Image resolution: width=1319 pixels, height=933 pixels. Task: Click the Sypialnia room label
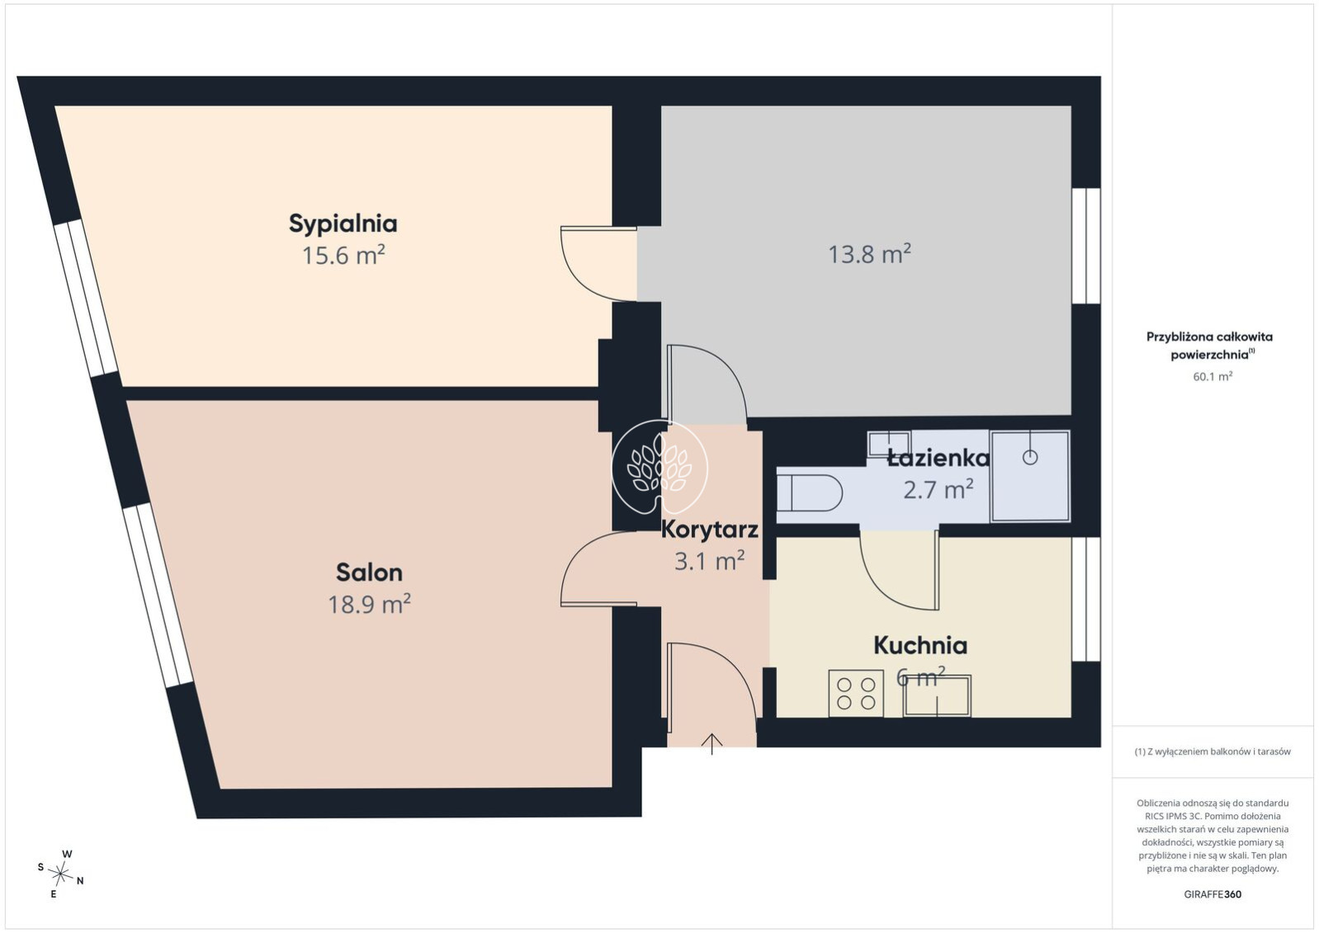tap(343, 224)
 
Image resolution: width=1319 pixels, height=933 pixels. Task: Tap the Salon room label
tap(369, 573)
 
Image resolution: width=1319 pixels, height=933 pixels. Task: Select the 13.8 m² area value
tap(870, 254)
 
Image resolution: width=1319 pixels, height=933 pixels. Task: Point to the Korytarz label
tap(710, 530)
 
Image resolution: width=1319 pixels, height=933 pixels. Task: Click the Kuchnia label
tap(920, 646)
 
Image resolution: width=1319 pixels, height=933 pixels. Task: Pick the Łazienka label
tap(938, 458)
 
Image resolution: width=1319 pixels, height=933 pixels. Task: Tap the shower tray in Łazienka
tap(1030, 476)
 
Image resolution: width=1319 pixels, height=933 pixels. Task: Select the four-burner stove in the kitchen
tap(856, 694)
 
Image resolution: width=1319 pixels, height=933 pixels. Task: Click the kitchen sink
tap(938, 696)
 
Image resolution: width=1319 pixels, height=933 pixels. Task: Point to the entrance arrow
tap(712, 744)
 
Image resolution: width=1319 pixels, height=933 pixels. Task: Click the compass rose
tap(60, 874)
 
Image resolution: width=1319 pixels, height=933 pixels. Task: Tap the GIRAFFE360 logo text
tap(1213, 894)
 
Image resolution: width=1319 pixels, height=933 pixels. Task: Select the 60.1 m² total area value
tap(1213, 376)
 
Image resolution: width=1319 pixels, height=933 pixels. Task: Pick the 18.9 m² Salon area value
tap(369, 603)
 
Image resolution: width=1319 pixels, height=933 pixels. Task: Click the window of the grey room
tap(1085, 246)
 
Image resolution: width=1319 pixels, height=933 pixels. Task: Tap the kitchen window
tap(1085, 599)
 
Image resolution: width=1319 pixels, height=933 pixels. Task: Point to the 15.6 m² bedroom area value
tap(343, 255)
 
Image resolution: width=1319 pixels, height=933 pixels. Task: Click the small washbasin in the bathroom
tap(889, 442)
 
